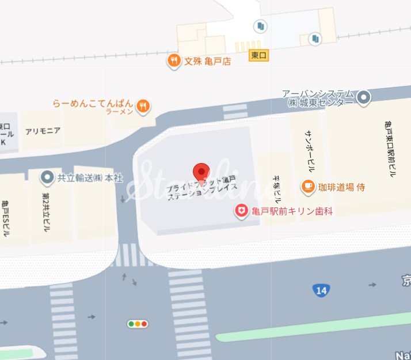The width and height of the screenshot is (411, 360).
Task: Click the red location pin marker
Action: [x=200, y=171]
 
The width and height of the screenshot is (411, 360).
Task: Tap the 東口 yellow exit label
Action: [x=258, y=55]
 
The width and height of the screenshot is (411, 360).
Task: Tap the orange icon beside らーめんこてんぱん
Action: [x=144, y=105]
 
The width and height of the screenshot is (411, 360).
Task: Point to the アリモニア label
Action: [x=43, y=131]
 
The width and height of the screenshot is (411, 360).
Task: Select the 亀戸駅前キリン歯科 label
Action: [x=293, y=211]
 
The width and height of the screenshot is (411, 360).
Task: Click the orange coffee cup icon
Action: [x=308, y=186]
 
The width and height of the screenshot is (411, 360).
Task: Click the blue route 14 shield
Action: [x=321, y=290]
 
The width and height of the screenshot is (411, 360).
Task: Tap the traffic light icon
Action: [x=138, y=324]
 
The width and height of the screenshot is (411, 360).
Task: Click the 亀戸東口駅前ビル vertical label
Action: [x=390, y=149]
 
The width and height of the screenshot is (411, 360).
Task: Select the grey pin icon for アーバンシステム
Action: [x=363, y=98]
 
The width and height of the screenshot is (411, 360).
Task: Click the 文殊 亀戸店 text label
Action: [x=207, y=61]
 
